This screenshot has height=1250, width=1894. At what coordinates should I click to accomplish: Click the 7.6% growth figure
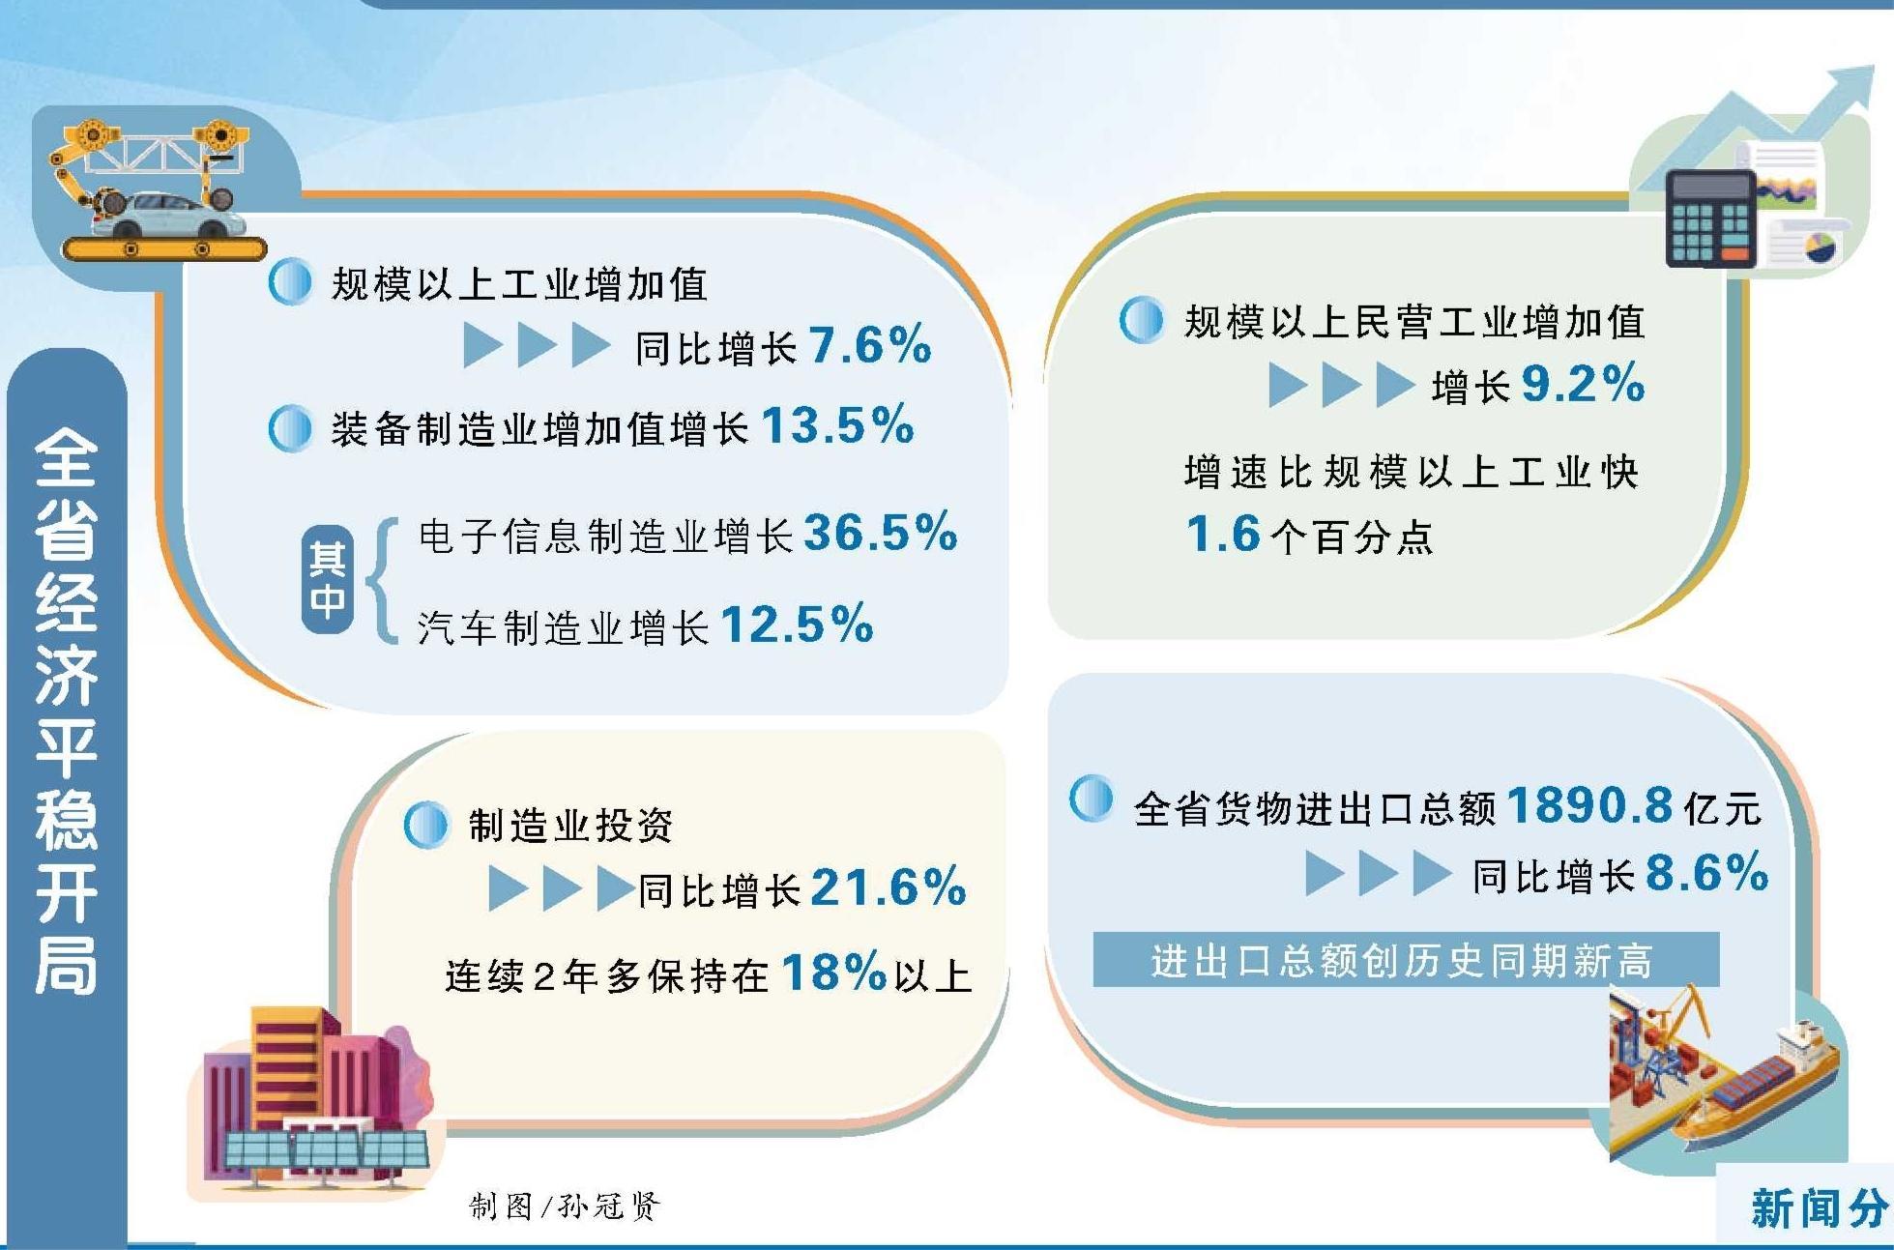click(869, 345)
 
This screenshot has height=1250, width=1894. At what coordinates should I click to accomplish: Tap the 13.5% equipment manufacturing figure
click(837, 424)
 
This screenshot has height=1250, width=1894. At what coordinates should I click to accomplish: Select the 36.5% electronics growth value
click(880, 532)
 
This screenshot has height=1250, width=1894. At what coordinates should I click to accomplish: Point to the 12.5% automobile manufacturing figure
click(797, 624)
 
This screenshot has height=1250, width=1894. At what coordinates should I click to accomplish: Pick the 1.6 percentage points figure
click(1223, 534)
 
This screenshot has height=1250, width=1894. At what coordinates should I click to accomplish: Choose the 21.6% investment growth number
click(889, 887)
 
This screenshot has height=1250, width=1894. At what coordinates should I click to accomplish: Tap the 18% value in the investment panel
click(833, 972)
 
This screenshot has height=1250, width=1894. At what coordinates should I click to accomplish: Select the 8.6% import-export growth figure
click(1706, 872)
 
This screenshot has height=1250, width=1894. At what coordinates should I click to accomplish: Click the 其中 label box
click(327, 579)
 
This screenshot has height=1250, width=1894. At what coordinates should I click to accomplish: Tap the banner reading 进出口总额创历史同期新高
click(1406, 960)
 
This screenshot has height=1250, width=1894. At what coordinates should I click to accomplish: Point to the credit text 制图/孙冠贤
click(565, 1206)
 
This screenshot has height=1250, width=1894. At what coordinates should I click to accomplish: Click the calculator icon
click(1710, 218)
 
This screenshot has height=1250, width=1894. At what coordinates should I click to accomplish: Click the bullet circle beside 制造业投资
click(426, 825)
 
